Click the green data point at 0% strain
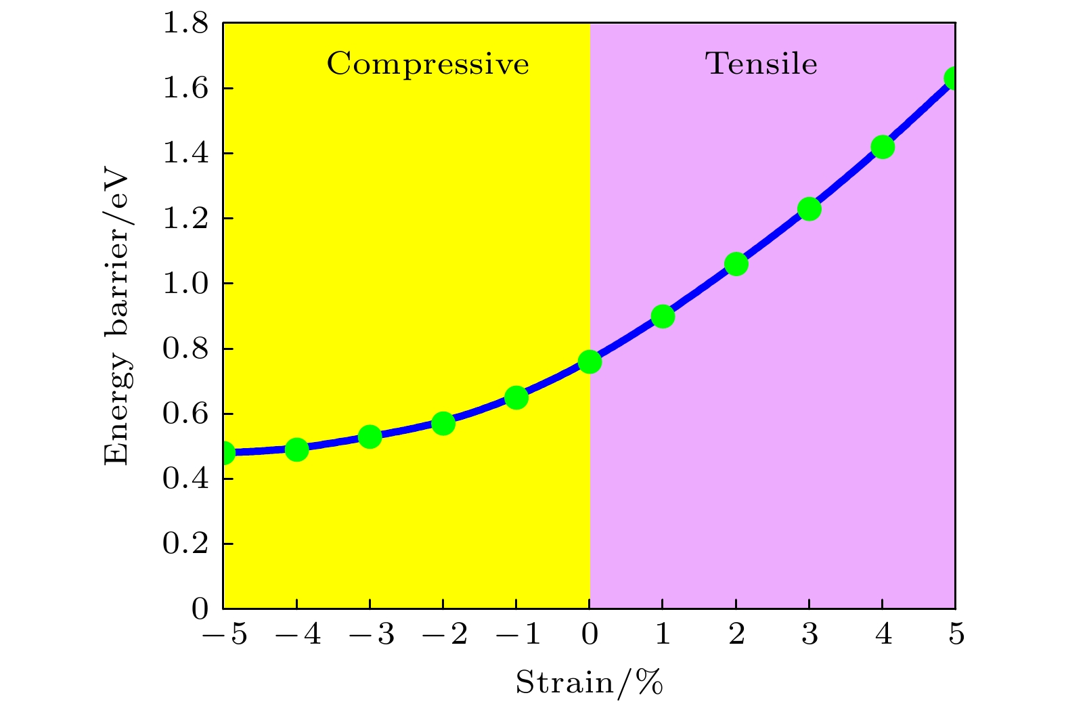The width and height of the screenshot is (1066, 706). click(590, 362)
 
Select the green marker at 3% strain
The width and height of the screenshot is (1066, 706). click(809, 209)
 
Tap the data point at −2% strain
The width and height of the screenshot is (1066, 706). click(443, 424)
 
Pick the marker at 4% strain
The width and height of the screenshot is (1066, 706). click(883, 147)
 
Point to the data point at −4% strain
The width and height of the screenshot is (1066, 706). click(296, 449)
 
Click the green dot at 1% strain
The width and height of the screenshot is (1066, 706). click(663, 316)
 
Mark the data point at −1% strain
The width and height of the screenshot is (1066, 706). click(516, 397)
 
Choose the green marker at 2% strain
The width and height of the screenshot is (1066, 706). click(736, 264)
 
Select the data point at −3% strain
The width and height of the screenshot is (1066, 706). click(370, 437)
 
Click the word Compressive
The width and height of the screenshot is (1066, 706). click(428, 64)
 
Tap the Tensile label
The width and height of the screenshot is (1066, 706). click(761, 64)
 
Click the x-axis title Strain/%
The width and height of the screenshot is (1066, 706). click(589, 682)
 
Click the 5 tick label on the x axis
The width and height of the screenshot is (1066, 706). click(956, 636)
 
